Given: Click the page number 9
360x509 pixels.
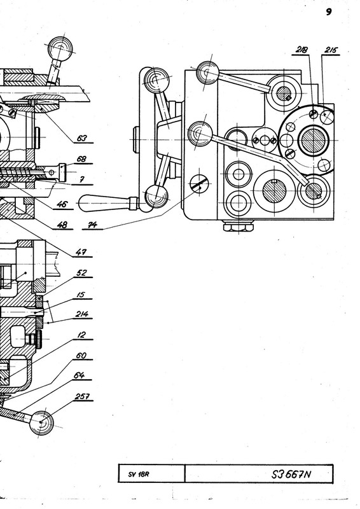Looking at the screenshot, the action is click(x=328, y=12).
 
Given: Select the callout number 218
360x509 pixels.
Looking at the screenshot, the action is click(x=301, y=50).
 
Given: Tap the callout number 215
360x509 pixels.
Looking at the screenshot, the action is click(x=331, y=50).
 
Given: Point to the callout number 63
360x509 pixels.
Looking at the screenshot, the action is click(x=82, y=138).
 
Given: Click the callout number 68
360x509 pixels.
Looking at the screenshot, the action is click(x=81, y=159).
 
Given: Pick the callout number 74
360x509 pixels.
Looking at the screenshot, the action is click(x=92, y=225).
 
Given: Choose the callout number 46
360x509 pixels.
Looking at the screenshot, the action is click(x=62, y=204).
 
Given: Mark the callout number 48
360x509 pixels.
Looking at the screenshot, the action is click(x=62, y=225).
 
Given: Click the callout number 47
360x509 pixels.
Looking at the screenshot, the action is click(x=81, y=252).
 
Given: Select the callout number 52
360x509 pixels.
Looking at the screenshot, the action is click(x=81, y=273).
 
